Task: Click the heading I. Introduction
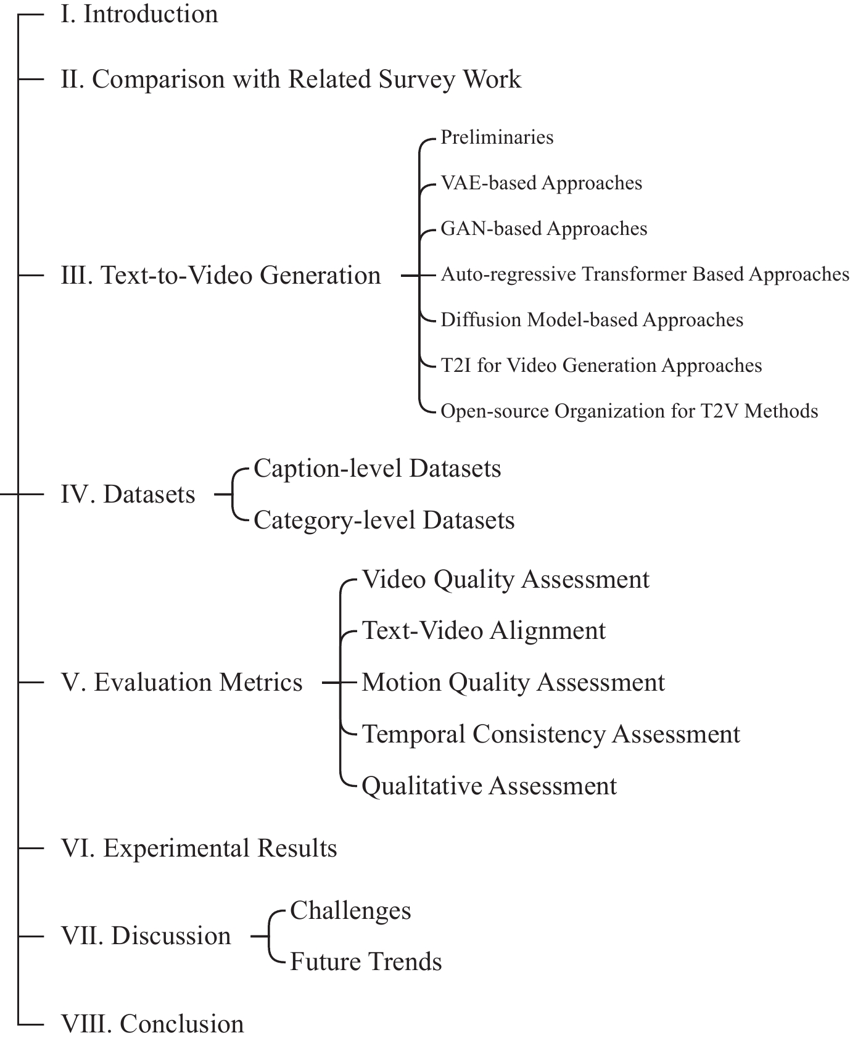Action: click(x=139, y=14)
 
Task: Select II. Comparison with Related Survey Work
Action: click(x=291, y=80)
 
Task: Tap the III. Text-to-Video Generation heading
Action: click(x=221, y=275)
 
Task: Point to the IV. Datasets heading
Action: click(x=128, y=494)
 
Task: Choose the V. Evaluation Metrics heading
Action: click(x=182, y=682)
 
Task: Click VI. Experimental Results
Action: click(x=199, y=848)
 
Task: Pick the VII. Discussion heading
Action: click(x=146, y=936)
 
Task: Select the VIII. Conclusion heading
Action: click(x=152, y=1024)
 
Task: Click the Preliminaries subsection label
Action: click(x=497, y=137)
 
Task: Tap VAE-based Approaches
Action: click(x=542, y=183)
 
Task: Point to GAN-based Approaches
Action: click(x=544, y=228)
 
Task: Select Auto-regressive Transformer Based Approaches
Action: click(x=645, y=274)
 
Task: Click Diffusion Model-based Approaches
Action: click(x=592, y=319)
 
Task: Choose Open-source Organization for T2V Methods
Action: click(x=630, y=411)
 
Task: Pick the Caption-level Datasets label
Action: click(x=378, y=468)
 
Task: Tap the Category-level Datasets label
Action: click(x=384, y=520)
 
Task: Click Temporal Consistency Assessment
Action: click(x=551, y=734)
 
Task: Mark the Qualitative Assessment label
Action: click(x=489, y=786)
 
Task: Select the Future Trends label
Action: click(x=366, y=961)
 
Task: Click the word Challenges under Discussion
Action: click(x=350, y=910)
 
